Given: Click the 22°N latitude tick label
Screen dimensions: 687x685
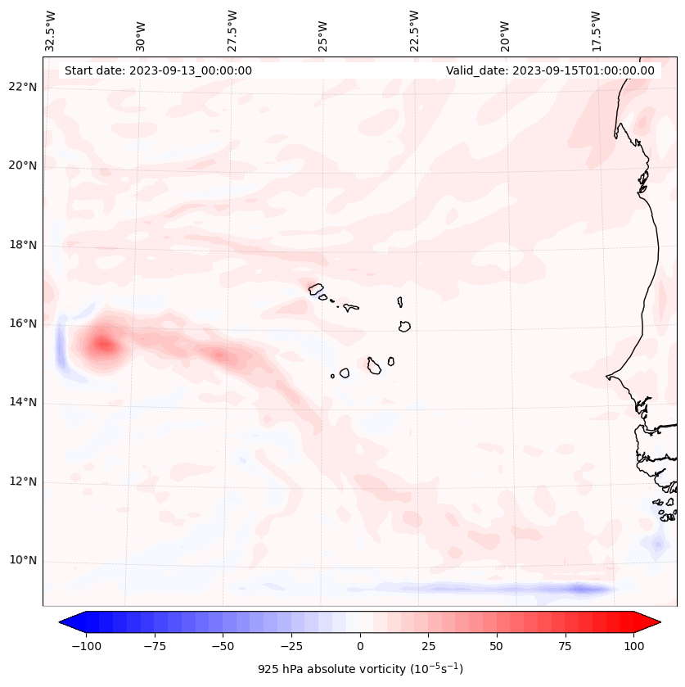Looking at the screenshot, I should tap(23, 87).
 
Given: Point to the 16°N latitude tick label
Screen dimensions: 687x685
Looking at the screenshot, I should tap(23, 323).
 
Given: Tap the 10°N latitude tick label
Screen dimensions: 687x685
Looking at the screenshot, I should tap(23, 561).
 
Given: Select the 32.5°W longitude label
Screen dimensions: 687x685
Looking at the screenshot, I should tap(51, 31).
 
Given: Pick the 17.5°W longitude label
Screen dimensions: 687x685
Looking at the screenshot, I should tap(596, 31).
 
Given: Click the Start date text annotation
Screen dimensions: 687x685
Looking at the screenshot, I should tap(158, 70).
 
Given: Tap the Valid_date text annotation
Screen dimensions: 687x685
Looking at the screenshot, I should tap(550, 70).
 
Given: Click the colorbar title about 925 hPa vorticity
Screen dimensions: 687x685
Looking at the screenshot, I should tap(360, 669).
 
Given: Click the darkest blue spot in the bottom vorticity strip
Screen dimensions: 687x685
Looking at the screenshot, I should tap(579, 589).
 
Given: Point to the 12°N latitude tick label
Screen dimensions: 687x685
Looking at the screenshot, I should tap(23, 482).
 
